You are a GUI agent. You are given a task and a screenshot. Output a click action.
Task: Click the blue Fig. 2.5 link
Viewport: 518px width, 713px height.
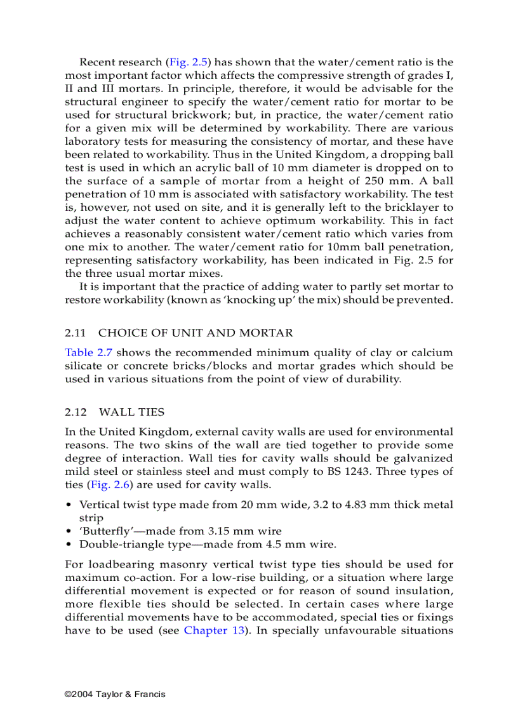188,62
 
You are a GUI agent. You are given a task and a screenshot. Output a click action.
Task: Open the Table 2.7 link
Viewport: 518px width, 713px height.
89,352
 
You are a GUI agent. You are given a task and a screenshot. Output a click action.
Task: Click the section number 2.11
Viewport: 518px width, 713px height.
75,333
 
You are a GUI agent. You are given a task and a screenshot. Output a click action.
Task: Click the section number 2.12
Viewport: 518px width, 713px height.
75,412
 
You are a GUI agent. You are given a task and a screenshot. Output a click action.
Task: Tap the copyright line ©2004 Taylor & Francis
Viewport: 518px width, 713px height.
115,694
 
